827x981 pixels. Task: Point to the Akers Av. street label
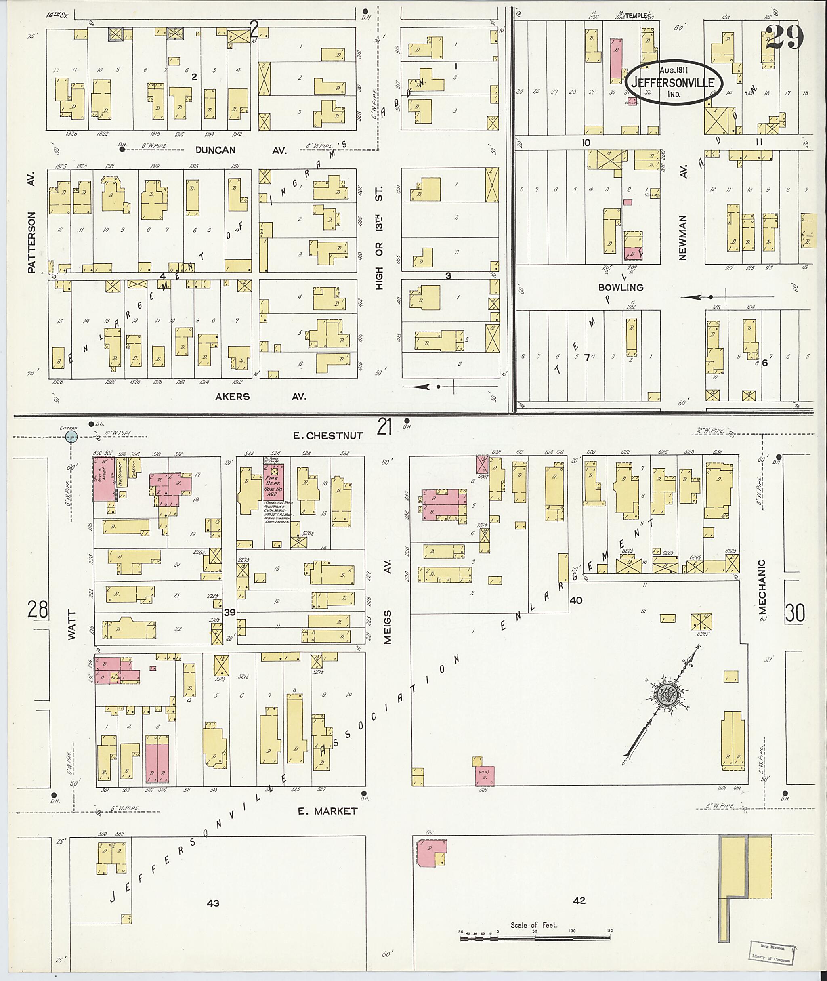tap(260, 397)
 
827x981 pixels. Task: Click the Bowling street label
tap(621, 287)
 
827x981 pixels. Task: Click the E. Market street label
tap(328, 811)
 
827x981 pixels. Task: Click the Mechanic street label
tap(762, 586)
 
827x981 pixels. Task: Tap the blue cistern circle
tap(71, 437)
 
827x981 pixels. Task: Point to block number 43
tap(213, 903)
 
